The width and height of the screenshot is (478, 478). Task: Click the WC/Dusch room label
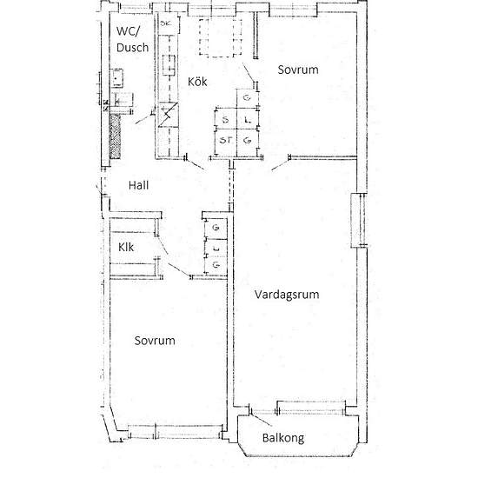132,39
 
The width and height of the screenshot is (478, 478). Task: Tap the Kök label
197,82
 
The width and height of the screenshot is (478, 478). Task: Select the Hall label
138,185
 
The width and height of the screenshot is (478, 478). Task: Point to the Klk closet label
126,247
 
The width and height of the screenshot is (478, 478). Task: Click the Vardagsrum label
287,295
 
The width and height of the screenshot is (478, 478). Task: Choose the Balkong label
283,438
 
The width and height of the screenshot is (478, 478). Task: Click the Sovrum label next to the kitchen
298,70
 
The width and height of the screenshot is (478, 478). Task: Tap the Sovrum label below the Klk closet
155,341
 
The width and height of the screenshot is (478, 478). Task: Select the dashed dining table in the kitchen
221,37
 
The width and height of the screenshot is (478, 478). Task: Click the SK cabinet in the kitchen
168,23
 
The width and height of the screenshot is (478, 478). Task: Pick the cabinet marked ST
226,142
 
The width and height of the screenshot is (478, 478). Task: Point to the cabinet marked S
226,119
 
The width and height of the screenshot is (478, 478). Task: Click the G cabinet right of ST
248,142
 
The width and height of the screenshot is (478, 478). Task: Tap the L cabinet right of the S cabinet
248,119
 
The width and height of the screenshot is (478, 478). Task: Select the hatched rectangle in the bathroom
115,136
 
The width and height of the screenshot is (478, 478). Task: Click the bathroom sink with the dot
116,78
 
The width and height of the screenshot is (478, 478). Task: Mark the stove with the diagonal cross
169,115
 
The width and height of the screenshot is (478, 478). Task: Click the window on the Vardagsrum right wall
360,220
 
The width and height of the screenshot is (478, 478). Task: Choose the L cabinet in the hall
216,249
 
